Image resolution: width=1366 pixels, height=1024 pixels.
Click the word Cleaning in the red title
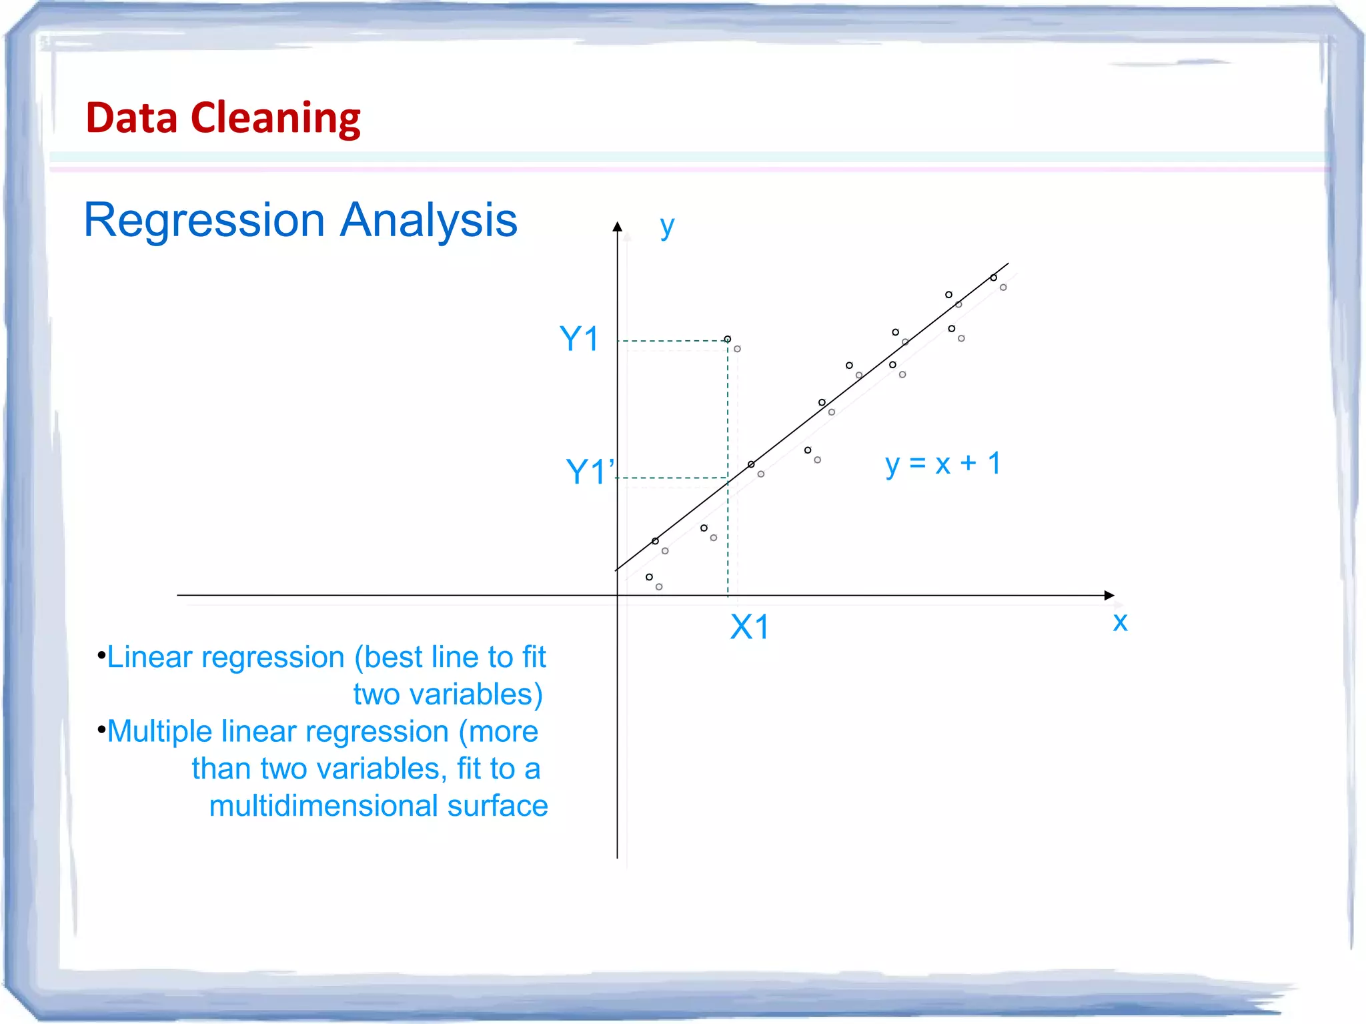275,118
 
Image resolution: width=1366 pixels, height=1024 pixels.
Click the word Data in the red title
131,118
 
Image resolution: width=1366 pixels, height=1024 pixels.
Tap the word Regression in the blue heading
204,220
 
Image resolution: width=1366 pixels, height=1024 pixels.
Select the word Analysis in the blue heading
428,220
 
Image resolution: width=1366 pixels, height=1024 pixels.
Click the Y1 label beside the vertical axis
579,339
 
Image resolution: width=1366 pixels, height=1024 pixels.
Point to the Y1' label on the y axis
590,472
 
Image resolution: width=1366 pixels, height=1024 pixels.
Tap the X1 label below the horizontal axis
749,627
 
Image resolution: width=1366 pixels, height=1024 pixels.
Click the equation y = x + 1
942,464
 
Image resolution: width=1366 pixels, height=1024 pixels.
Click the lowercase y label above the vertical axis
666,227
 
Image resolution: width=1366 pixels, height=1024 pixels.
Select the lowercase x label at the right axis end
1120,622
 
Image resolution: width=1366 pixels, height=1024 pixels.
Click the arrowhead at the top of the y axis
618,227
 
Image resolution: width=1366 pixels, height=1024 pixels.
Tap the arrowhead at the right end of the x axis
1109,595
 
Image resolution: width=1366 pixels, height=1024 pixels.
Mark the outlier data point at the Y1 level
728,339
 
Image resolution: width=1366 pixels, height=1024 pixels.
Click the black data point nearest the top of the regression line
993,278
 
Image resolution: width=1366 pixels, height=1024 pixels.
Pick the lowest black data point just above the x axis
649,577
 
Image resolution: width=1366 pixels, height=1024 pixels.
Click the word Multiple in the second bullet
159,732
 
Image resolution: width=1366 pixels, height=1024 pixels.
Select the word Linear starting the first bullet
149,658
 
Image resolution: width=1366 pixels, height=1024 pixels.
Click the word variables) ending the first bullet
476,694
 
